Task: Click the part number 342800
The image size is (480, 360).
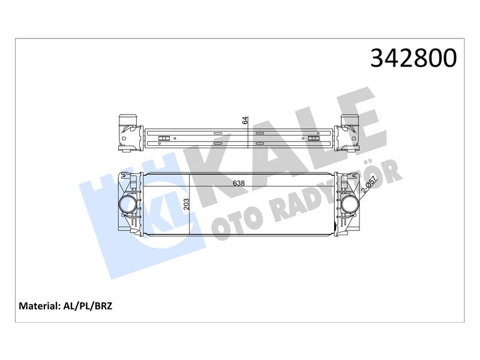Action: (x=413, y=58)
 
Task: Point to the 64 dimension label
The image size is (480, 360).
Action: (x=245, y=121)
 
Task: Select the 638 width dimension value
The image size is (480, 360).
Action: (x=239, y=183)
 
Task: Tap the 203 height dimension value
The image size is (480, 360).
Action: (x=187, y=204)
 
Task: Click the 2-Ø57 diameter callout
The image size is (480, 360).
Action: (x=370, y=185)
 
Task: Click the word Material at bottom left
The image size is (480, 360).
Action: (x=38, y=306)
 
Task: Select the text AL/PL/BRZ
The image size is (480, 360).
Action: (x=88, y=306)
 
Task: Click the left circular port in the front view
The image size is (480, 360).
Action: (x=128, y=205)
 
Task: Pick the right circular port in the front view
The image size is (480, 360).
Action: (x=351, y=205)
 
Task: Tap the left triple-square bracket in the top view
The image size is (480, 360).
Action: (x=164, y=139)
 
